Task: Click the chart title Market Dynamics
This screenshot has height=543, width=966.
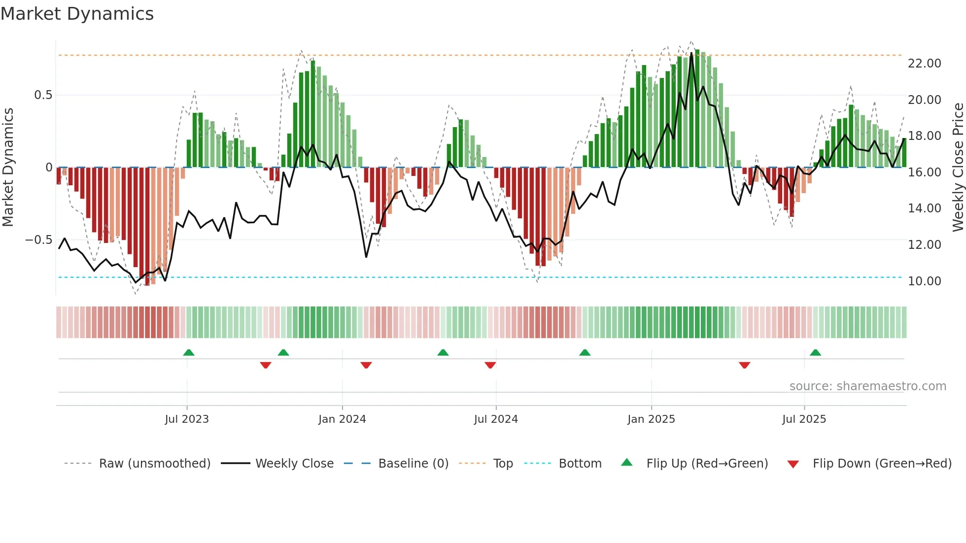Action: coord(77,14)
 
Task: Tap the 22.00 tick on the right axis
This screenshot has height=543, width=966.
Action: coord(924,64)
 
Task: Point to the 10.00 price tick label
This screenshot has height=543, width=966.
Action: coord(924,281)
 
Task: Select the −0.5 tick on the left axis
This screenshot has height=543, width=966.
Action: coord(38,240)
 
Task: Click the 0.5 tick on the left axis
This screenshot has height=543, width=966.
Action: coord(43,95)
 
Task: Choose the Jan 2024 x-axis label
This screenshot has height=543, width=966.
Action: coord(342,419)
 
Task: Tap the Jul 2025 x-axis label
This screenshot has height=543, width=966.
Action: coord(804,419)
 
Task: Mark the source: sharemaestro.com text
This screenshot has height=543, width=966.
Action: coord(867,386)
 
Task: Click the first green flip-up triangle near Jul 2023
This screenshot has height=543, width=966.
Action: coord(189,352)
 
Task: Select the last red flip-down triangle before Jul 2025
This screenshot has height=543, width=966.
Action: coord(744,365)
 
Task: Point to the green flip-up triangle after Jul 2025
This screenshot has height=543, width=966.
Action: coord(815,352)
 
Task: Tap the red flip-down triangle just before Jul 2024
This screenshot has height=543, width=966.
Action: coord(490,365)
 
